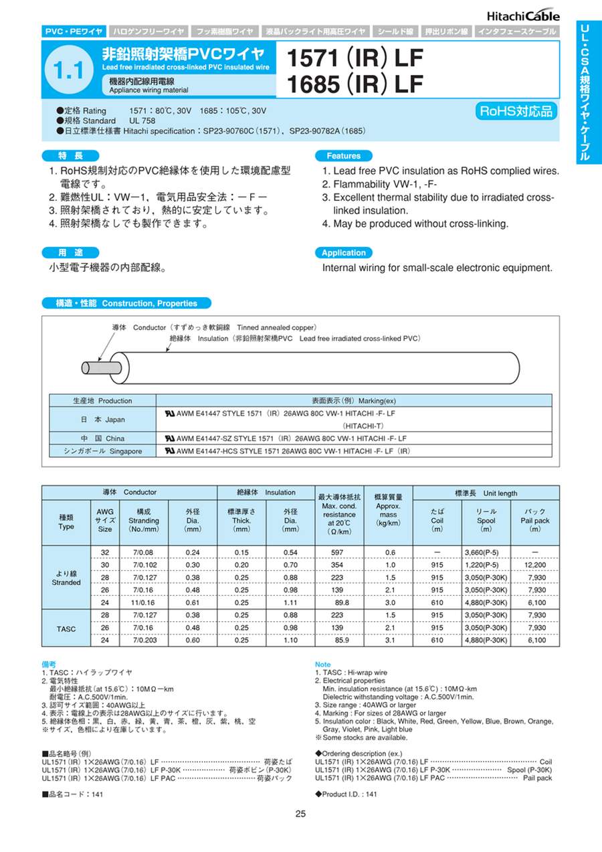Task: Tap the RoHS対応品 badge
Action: click(517, 111)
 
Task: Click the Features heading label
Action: click(343, 155)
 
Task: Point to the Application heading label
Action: click(343, 253)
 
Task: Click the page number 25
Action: click(300, 814)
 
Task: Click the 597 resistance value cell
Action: click(339, 553)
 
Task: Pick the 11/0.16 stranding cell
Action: click(144, 603)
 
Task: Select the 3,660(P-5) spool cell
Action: click(486, 553)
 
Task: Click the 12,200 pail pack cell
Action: click(535, 566)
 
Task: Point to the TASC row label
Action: click(66, 628)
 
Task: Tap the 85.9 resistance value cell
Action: click(339, 641)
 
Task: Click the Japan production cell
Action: click(102, 420)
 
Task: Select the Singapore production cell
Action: click(102, 451)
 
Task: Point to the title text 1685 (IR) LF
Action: click(355, 85)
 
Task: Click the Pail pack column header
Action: click(535, 520)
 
